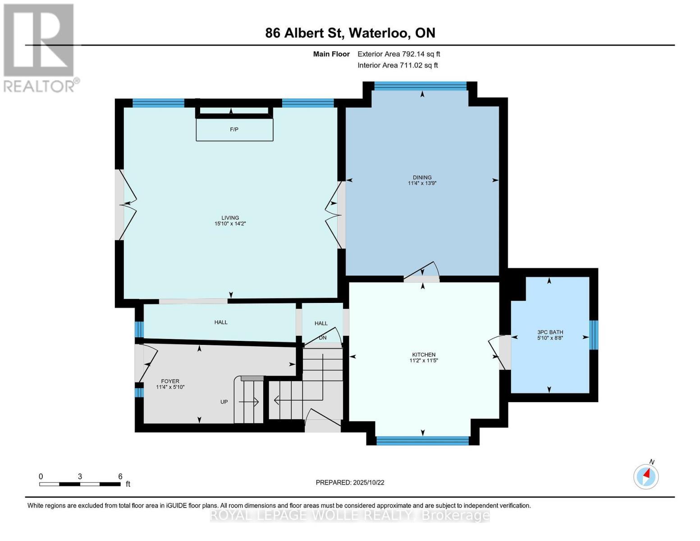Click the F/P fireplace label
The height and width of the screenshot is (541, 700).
tap(234, 129)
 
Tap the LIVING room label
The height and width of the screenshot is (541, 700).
tap(230, 218)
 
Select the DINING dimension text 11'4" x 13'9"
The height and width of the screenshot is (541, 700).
tap(422, 183)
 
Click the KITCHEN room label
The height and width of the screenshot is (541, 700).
tap(424, 354)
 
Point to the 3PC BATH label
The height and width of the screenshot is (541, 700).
tap(550, 332)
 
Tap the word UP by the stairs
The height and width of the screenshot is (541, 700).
tap(224, 402)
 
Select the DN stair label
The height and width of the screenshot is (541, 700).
tap(322, 338)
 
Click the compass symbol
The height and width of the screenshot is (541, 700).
tap(646, 476)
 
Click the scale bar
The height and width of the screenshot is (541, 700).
tap(80, 484)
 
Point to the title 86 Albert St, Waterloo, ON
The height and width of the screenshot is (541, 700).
tap(350, 33)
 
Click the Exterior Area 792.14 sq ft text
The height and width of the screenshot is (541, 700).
tap(398, 54)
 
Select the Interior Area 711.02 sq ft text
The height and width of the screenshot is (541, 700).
tap(398, 65)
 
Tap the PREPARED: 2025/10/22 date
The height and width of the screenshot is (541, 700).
tap(350, 482)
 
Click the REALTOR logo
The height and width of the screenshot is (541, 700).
tap(40, 47)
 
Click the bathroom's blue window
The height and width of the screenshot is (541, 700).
tap(594, 335)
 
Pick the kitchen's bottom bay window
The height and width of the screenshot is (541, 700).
tap(422, 440)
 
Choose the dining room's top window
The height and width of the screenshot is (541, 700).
tap(420, 86)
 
